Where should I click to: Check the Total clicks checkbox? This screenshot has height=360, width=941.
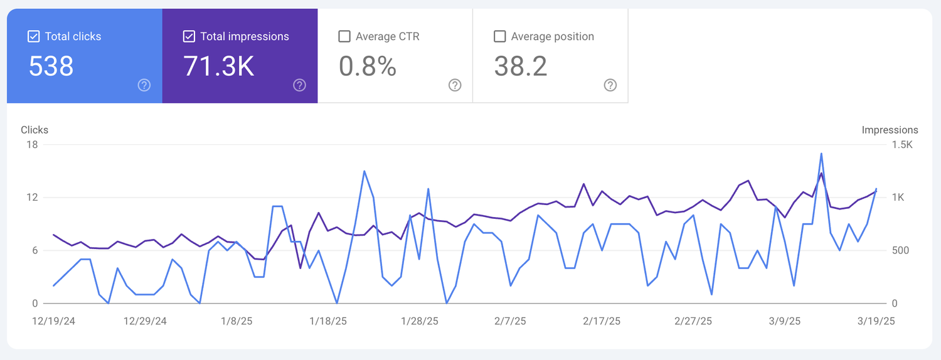pyautogui.click(x=34, y=36)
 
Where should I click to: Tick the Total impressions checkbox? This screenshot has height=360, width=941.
pyautogui.click(x=189, y=36)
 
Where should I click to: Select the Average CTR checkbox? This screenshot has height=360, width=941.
pyautogui.click(x=344, y=36)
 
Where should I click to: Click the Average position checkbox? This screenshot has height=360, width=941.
pyautogui.click(x=500, y=36)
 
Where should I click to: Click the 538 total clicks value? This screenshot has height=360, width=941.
pyautogui.click(x=51, y=66)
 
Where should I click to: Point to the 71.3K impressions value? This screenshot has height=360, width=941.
pyautogui.click(x=219, y=66)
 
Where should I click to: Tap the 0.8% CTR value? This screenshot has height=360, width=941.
pyautogui.click(x=368, y=66)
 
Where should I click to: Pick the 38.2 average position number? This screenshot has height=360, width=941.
pyautogui.click(x=521, y=66)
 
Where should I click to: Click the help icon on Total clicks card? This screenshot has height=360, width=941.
pyautogui.click(x=144, y=85)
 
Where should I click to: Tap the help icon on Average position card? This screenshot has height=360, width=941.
pyautogui.click(x=610, y=85)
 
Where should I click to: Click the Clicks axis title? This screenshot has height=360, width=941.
pyautogui.click(x=35, y=130)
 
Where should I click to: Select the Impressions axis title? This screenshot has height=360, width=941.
pyautogui.click(x=890, y=130)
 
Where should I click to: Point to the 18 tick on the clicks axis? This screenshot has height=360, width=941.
pyautogui.click(x=31, y=145)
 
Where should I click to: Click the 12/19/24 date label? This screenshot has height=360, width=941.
pyautogui.click(x=54, y=321)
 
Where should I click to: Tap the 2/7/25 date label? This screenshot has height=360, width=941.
pyautogui.click(x=510, y=321)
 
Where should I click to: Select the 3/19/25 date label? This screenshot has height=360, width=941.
pyautogui.click(x=876, y=321)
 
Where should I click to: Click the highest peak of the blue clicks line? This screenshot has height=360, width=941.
pyautogui.click(x=821, y=153)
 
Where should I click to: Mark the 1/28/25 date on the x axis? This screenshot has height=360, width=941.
pyautogui.click(x=420, y=321)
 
